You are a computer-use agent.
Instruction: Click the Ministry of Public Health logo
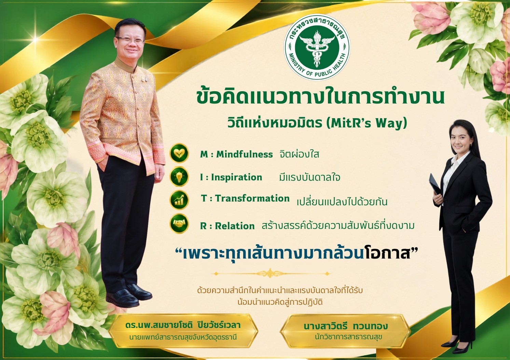[317, 47]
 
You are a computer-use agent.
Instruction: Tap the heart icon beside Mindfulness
[179, 153]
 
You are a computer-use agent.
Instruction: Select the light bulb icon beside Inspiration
[179, 177]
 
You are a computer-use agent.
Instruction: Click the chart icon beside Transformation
[179, 200]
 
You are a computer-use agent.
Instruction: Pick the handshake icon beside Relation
[179, 223]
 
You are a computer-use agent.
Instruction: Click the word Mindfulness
[244, 154]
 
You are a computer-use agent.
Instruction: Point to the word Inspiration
[237, 177]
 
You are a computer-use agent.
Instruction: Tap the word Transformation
[252, 198]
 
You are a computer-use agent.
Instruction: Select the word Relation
[235, 226]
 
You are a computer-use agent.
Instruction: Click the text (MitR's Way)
[367, 123]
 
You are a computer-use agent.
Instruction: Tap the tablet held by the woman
[435, 184]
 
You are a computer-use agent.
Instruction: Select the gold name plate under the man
[183, 331]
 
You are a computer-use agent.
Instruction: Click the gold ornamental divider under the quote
[271, 273]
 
